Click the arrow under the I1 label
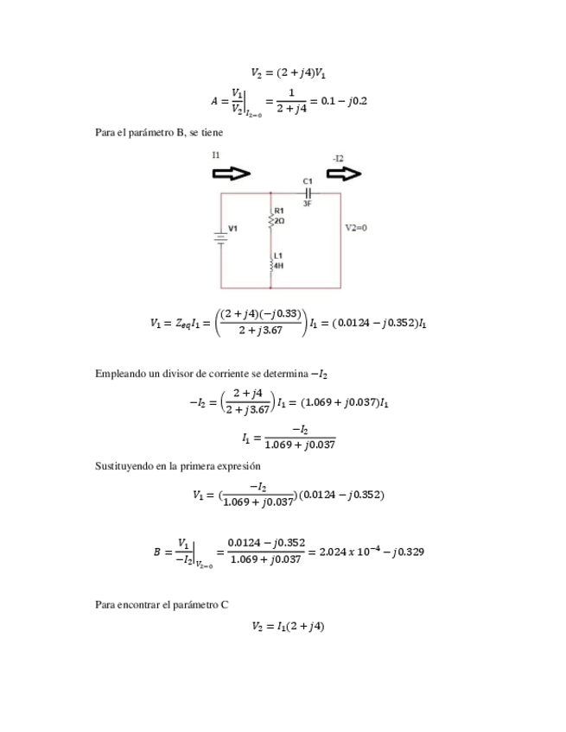(x=231, y=174)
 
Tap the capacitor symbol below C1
(x=307, y=192)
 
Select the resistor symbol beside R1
(x=270, y=222)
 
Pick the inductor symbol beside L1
(x=270, y=262)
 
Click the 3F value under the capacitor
(x=308, y=204)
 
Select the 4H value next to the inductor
(x=278, y=266)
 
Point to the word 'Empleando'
(x=118, y=374)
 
